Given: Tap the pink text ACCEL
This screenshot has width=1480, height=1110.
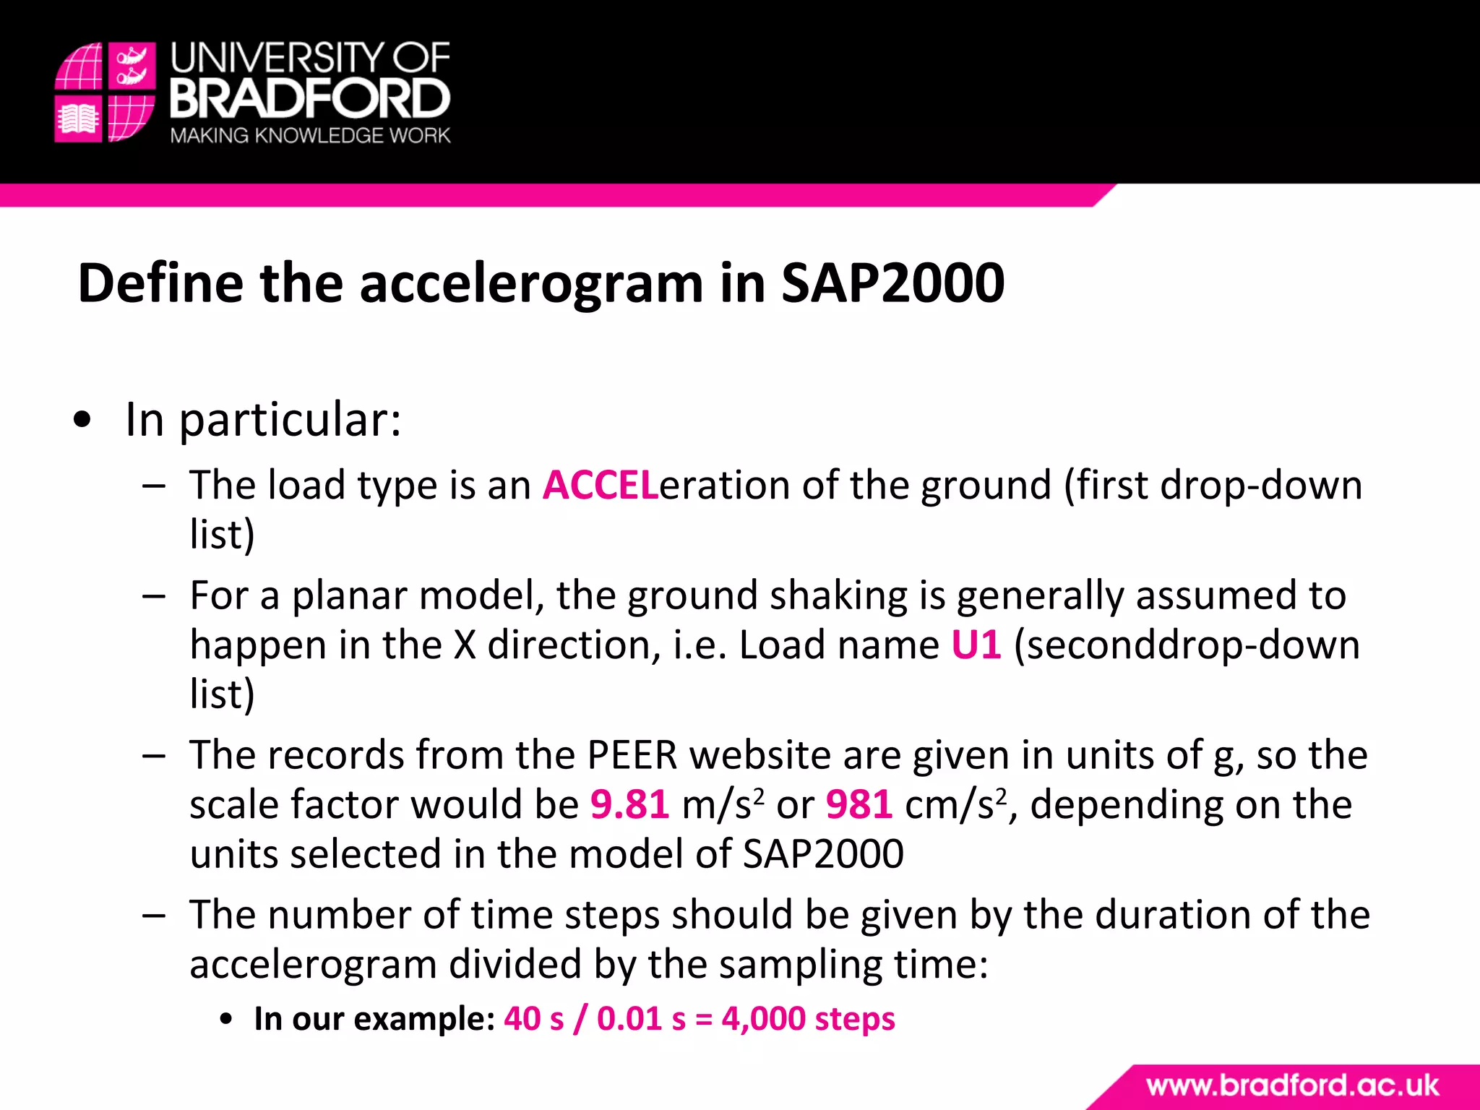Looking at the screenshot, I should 601,485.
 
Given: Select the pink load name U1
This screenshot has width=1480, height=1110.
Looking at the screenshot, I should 976,645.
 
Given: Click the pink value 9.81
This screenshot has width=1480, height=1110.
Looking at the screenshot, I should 629,804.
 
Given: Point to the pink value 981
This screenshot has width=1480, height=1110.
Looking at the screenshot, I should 859,804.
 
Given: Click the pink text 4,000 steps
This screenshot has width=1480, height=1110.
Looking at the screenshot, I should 808,1019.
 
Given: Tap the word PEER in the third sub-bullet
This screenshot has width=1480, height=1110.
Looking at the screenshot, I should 632,755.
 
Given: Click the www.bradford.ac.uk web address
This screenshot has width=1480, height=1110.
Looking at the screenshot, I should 1292,1085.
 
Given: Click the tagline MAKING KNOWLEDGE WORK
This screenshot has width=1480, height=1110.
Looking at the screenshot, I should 310,136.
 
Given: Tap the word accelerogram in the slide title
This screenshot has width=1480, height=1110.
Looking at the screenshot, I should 531,283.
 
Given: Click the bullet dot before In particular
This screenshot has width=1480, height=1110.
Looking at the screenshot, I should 83,420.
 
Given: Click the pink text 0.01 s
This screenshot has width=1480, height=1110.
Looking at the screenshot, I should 641,1019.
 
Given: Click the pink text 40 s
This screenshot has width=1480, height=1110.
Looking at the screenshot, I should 533,1019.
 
